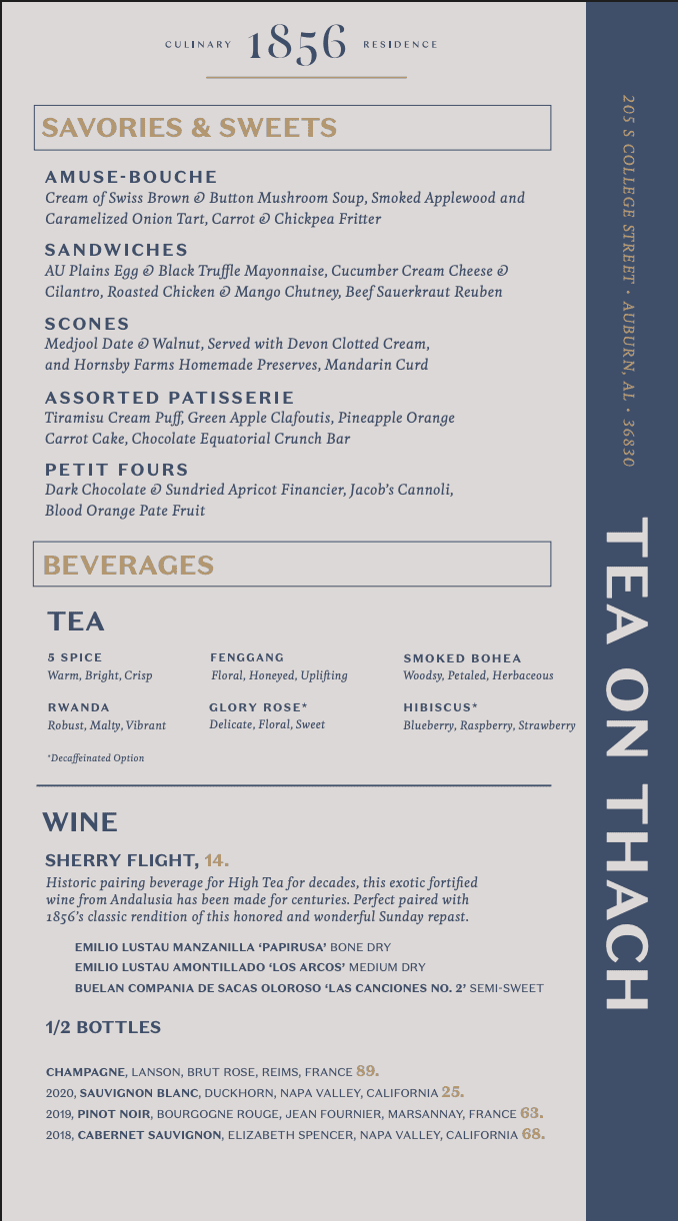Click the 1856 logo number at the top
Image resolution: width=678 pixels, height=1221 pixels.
point(297,44)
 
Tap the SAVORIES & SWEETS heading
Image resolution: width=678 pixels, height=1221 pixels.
point(189,128)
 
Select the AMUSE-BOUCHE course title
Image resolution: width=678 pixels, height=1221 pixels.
point(131,177)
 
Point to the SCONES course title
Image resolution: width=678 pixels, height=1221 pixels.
point(87,324)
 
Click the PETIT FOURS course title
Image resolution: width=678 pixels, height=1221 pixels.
point(117,470)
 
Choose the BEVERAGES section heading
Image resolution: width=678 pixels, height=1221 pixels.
point(128,566)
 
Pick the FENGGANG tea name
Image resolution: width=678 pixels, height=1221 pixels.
point(247,657)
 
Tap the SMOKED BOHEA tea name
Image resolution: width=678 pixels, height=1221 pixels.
point(462,658)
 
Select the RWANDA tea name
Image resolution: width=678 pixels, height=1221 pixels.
point(79,707)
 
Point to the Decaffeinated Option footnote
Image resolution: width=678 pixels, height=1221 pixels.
point(96,758)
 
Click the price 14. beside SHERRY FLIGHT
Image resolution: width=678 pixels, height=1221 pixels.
point(217,860)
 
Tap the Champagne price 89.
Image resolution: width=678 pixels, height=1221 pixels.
point(367,1070)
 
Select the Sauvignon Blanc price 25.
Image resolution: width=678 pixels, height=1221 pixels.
point(453,1092)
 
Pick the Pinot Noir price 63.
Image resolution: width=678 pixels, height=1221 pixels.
point(532,1113)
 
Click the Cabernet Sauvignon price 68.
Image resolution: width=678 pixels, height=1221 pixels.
point(533,1134)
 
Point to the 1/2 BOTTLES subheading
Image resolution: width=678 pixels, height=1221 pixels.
point(103,1027)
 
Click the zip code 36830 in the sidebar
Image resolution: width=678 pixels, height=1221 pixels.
point(628,442)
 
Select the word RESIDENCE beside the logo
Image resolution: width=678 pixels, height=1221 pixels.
point(400,45)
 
